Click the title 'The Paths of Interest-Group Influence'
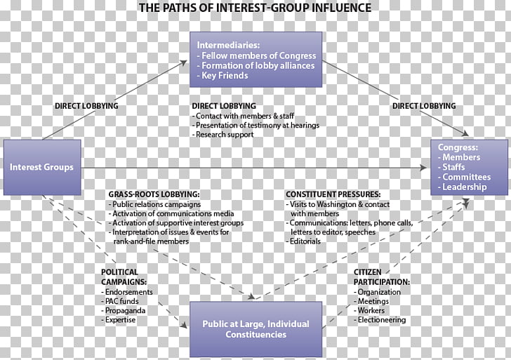[x=255, y=8]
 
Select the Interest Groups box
[x=42, y=167]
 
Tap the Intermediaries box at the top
[x=255, y=60]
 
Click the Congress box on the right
[x=470, y=167]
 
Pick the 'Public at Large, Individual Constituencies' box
[x=255, y=329]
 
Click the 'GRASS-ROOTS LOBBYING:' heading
[x=154, y=194]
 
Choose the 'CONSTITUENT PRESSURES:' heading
[x=333, y=194]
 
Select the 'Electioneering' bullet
[x=380, y=319]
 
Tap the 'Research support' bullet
[x=225, y=135]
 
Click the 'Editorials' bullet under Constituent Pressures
[x=304, y=241]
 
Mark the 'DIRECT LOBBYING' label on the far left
[x=86, y=106]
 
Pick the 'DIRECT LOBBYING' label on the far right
[x=424, y=106]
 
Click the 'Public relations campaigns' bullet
[x=156, y=204]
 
